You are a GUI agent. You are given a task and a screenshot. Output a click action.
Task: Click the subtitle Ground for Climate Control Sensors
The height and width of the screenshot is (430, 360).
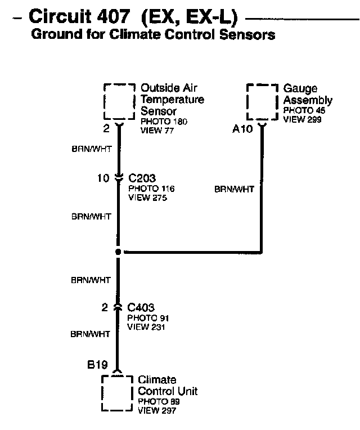coord(153,35)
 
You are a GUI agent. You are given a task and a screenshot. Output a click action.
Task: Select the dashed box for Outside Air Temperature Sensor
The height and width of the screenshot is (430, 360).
coord(120,101)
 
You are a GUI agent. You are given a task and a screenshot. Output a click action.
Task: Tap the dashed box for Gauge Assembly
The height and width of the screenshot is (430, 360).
coord(263,101)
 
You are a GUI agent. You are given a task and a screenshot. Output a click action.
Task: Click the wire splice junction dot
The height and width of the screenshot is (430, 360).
coord(118,252)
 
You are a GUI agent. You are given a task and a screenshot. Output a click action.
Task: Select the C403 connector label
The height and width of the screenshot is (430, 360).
coord(141,308)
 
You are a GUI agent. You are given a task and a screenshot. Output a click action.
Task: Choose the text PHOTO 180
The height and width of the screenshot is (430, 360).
coord(164,122)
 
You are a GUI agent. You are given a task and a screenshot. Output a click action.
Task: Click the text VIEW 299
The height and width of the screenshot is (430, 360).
coord(303,119)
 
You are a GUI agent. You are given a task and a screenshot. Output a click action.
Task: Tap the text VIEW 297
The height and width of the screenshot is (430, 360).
coord(157,411)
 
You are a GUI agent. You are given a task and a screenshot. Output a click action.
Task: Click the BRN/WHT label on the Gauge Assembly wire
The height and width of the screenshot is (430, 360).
coord(234,190)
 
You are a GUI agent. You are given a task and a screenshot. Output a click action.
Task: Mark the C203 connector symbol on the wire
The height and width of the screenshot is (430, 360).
coord(118,178)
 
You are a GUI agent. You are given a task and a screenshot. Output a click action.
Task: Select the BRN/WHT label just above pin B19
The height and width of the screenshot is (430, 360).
coord(91,334)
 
